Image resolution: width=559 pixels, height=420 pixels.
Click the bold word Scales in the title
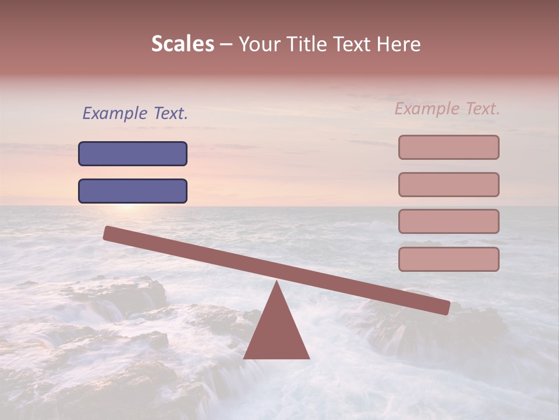(x=182, y=44)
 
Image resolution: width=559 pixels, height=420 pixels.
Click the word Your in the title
(x=260, y=44)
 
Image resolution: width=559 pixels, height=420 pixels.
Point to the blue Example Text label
(x=135, y=113)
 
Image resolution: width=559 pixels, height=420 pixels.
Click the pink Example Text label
(x=447, y=108)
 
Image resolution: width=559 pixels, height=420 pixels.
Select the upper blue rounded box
(x=133, y=153)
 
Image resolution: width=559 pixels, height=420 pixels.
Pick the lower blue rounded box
(x=133, y=191)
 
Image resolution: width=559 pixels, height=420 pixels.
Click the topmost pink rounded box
(x=448, y=147)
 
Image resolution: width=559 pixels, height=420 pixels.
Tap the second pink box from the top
(x=448, y=184)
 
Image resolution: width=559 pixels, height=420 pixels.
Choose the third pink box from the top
(x=448, y=221)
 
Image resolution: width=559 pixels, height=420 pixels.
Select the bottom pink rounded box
(x=448, y=259)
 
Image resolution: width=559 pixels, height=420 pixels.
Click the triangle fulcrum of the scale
(x=277, y=332)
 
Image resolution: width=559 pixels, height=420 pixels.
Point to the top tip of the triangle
(x=277, y=282)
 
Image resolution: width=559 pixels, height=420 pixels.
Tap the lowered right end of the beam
(x=445, y=307)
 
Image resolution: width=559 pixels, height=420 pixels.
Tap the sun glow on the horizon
(x=128, y=205)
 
